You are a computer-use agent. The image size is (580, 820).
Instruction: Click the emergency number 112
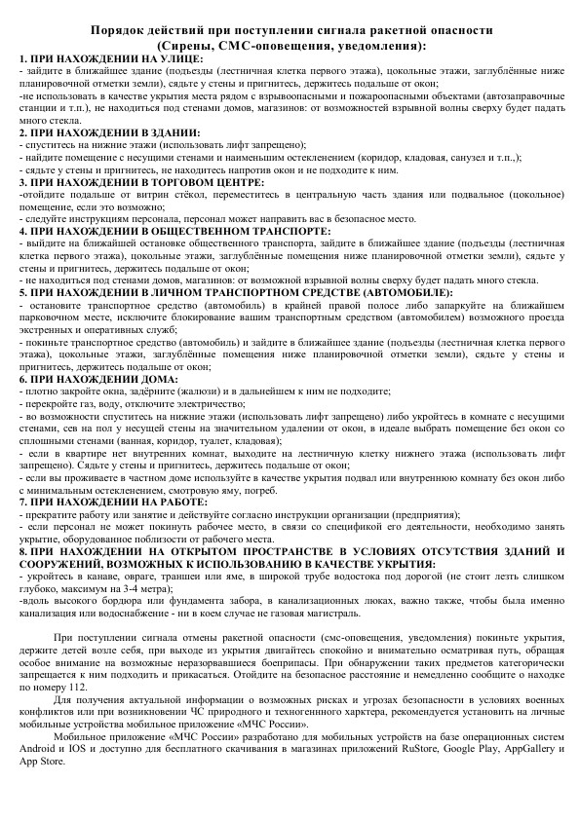click(x=118, y=688)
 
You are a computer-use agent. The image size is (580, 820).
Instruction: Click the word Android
click(x=40, y=750)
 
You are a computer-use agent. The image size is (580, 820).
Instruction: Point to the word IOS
click(x=89, y=750)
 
